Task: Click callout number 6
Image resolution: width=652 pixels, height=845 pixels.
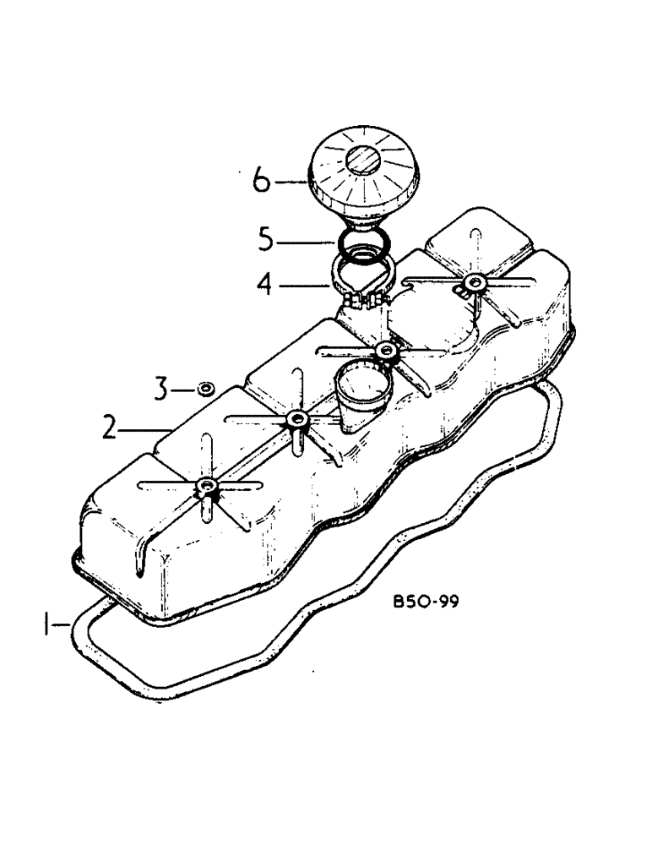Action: click(x=262, y=182)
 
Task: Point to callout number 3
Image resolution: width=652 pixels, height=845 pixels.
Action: click(x=162, y=389)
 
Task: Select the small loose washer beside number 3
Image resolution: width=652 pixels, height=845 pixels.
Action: click(x=204, y=389)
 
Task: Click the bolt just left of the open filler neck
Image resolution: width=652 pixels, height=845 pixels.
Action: click(x=296, y=419)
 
